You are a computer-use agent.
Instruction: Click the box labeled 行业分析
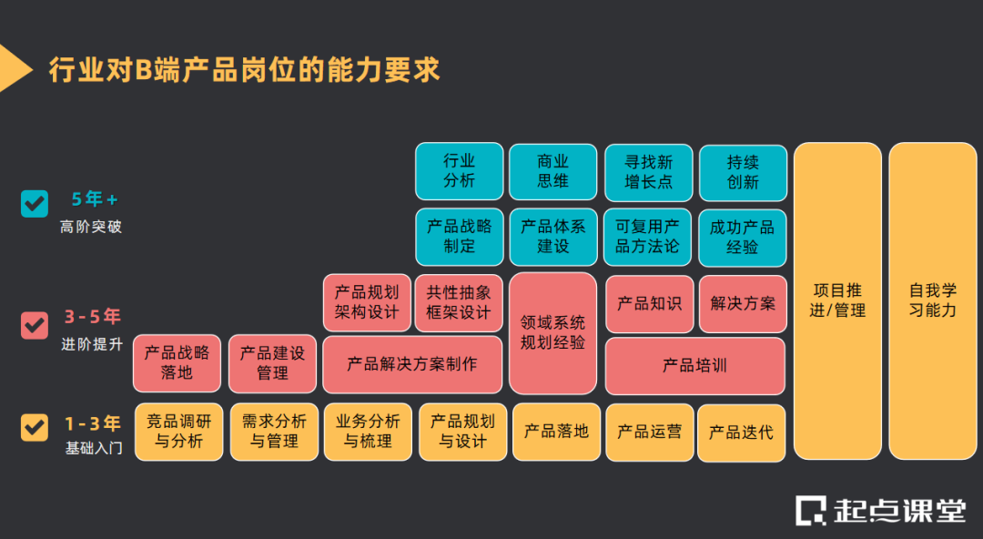click(x=460, y=171)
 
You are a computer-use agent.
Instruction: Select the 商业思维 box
click(x=553, y=171)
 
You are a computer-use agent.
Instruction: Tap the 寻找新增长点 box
click(x=648, y=171)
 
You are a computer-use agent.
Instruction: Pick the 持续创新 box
click(x=743, y=171)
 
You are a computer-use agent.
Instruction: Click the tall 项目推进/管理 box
click(x=837, y=300)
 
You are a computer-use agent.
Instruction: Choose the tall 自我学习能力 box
click(x=933, y=300)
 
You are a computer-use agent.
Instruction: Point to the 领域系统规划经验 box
click(x=553, y=333)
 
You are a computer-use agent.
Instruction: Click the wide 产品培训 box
click(x=694, y=366)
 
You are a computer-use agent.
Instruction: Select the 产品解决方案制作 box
click(x=412, y=364)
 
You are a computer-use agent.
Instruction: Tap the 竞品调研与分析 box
click(x=179, y=432)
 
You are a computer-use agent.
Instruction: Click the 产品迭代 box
click(x=741, y=432)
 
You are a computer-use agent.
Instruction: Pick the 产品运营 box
click(x=649, y=432)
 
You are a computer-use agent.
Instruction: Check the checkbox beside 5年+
click(x=35, y=203)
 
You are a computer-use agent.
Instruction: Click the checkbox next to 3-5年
click(x=35, y=324)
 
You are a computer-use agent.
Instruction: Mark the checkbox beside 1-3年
click(x=35, y=427)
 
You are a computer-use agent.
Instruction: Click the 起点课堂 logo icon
click(x=810, y=510)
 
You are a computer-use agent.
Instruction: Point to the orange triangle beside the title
click(x=13, y=68)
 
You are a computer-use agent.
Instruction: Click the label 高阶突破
click(x=91, y=227)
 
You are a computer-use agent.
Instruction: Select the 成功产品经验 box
click(x=743, y=237)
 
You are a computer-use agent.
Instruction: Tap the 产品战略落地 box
click(x=177, y=362)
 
